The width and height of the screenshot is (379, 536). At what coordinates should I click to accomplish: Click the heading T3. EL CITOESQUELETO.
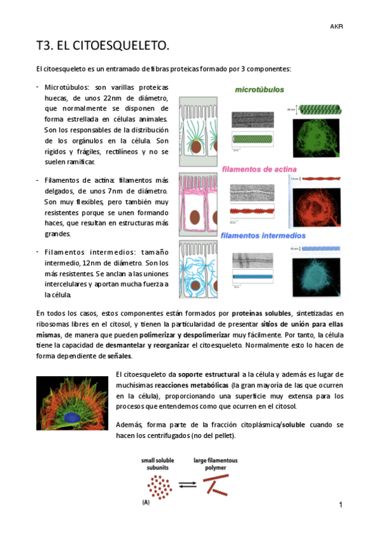103,46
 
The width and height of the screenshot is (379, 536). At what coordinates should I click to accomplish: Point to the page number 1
340,504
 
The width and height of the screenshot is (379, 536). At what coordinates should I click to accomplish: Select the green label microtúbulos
259,90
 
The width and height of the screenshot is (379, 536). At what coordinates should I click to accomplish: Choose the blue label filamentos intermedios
263,236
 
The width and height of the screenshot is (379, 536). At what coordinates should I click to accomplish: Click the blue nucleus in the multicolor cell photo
71,418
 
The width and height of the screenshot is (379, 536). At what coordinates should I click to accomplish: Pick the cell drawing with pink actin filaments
197,204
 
